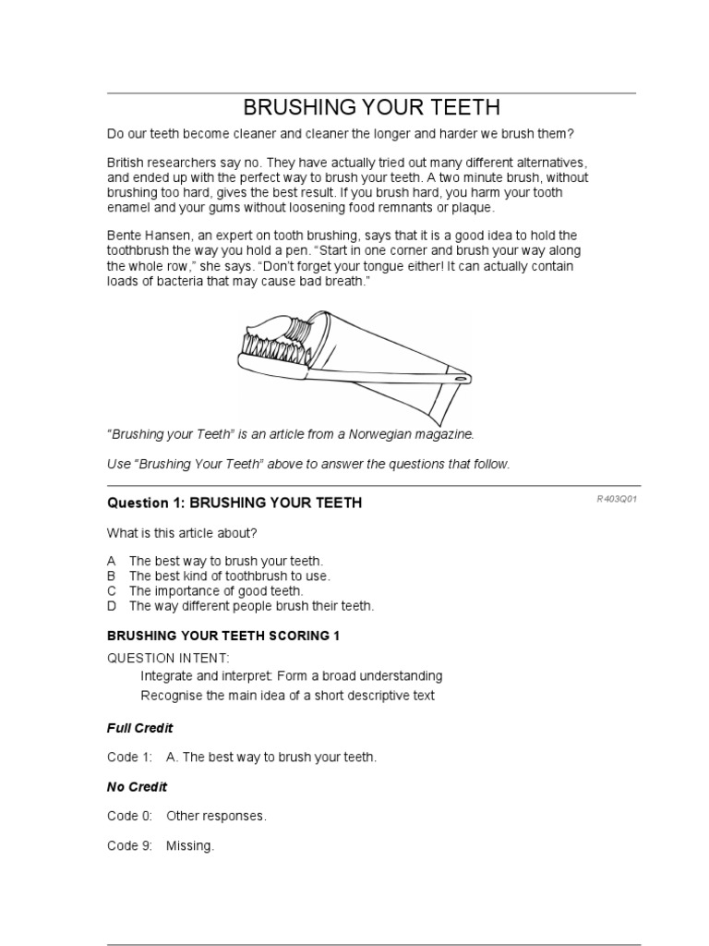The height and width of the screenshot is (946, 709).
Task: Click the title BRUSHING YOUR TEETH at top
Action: click(x=371, y=108)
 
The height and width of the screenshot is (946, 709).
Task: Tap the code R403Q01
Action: click(x=618, y=499)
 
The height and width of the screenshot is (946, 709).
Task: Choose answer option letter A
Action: click(x=112, y=561)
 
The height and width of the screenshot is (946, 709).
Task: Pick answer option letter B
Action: click(x=112, y=576)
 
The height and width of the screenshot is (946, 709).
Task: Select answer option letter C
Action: click(x=112, y=590)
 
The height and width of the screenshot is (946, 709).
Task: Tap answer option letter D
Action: click(x=112, y=606)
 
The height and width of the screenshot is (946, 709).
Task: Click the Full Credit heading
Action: click(x=140, y=728)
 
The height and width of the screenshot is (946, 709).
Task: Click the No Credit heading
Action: click(x=138, y=787)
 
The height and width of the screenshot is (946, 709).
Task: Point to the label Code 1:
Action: click(x=129, y=758)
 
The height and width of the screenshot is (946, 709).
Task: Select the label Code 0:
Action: click(x=129, y=817)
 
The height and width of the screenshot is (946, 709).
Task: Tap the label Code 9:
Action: click(x=129, y=846)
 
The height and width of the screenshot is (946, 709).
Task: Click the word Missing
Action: click(x=189, y=846)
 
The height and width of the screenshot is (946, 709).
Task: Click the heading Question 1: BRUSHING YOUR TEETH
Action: click(x=234, y=503)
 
